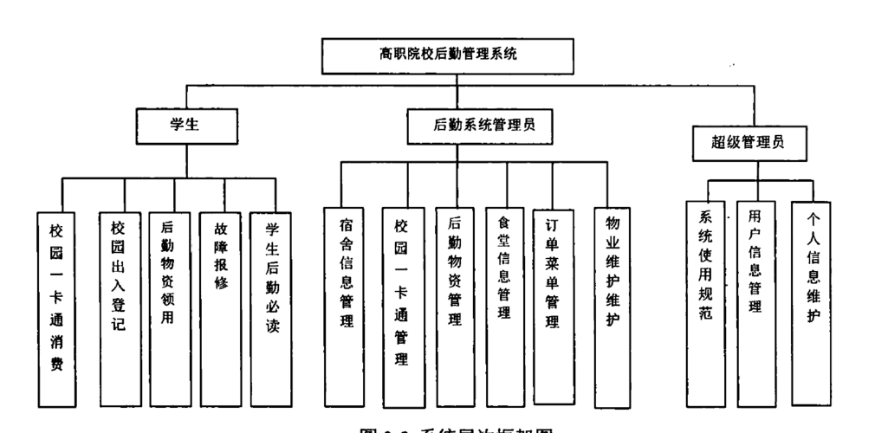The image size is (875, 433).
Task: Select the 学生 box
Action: coord(185,125)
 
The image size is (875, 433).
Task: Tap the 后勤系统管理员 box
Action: coord(483,125)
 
